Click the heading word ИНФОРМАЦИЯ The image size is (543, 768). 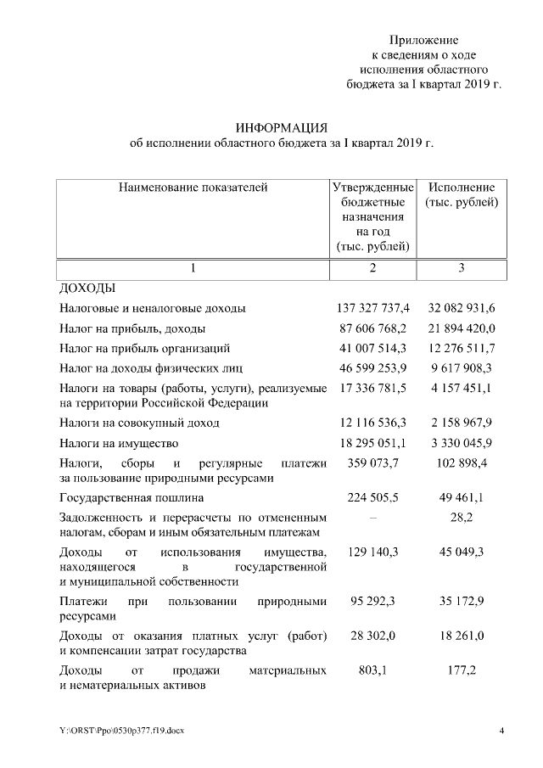pyautogui.click(x=281, y=127)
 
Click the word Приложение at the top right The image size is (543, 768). pyautogui.click(x=423, y=40)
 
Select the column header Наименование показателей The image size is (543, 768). pyautogui.click(x=193, y=188)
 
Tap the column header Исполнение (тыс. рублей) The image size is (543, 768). pyautogui.click(x=461, y=195)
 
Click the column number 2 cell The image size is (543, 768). pyautogui.click(x=372, y=269)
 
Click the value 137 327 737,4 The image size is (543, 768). pyautogui.click(x=373, y=308)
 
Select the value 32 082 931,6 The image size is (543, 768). pyautogui.click(x=462, y=308)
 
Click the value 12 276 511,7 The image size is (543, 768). pyautogui.click(x=462, y=348)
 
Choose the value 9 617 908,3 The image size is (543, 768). pyautogui.click(x=462, y=368)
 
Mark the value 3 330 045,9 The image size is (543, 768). pyautogui.click(x=462, y=443)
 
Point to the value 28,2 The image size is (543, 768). pyautogui.click(x=462, y=518)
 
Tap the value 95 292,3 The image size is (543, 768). pyautogui.click(x=373, y=601)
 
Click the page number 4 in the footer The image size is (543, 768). pyautogui.click(x=501, y=731)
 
